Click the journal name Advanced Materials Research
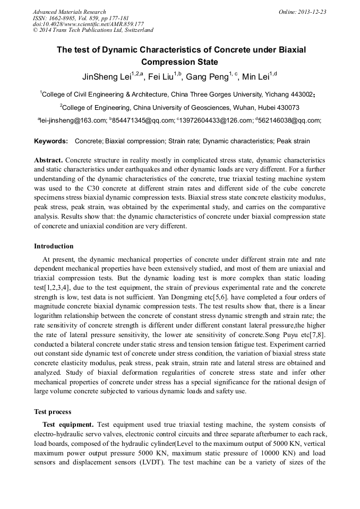point(69,12)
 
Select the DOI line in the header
point(88,24)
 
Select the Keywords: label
point(51,141)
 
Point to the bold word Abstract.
point(48,160)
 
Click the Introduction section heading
point(54,246)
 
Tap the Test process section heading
point(53,411)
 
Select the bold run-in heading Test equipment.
point(68,425)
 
